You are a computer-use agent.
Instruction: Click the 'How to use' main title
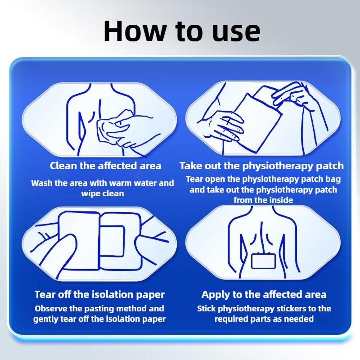click(x=182, y=31)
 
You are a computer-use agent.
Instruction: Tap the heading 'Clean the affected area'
click(x=105, y=166)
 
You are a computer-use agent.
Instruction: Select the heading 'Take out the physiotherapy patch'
click(x=261, y=166)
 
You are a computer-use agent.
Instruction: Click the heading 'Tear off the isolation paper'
click(x=99, y=295)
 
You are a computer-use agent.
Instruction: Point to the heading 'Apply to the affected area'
click(x=264, y=295)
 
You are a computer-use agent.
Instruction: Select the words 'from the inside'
click(x=263, y=200)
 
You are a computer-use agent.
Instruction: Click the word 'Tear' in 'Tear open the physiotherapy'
click(x=195, y=179)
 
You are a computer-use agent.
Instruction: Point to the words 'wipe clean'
click(x=103, y=193)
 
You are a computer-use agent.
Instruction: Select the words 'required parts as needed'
click(x=264, y=319)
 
